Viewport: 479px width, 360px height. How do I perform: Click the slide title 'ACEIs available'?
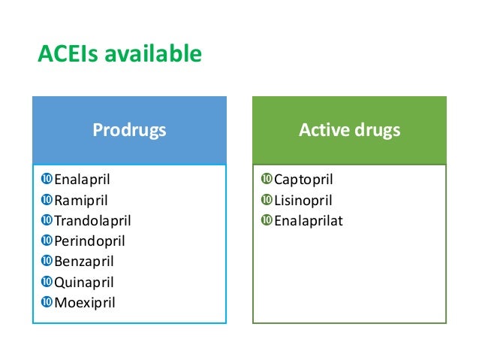(x=119, y=55)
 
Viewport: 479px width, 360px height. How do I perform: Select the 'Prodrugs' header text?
(x=129, y=130)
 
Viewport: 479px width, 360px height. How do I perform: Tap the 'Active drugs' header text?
(x=349, y=130)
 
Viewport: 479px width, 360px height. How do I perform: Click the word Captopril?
(x=303, y=180)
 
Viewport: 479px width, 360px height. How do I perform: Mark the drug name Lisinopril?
(x=303, y=201)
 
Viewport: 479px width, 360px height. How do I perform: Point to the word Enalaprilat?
(x=308, y=221)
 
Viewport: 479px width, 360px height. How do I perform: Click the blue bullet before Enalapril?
(x=47, y=180)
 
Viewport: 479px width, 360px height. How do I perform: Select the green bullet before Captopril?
(x=267, y=180)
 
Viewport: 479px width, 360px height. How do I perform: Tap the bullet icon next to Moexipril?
(x=47, y=303)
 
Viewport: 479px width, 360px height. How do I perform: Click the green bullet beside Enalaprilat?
(x=267, y=221)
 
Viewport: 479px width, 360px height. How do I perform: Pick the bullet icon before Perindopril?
(x=47, y=241)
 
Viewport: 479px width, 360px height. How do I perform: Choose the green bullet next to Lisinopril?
(x=267, y=201)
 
